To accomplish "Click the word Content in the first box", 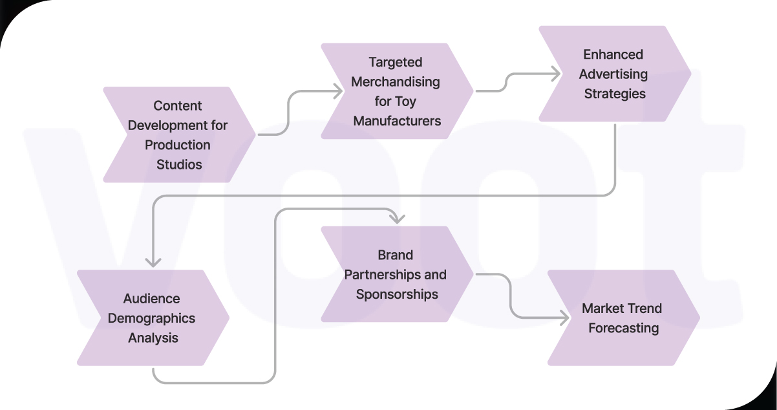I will click(x=178, y=105).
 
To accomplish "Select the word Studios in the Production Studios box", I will click(x=179, y=164).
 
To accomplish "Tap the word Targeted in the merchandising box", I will click(x=396, y=62).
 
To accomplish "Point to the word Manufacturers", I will click(x=397, y=121).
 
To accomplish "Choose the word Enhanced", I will click(x=613, y=54).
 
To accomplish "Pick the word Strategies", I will click(x=615, y=94).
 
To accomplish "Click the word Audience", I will click(x=152, y=299).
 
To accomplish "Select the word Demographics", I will click(x=151, y=318).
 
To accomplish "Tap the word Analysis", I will click(x=153, y=338).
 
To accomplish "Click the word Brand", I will click(x=396, y=255).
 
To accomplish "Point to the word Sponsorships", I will click(x=397, y=294).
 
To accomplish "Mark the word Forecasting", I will click(x=623, y=328).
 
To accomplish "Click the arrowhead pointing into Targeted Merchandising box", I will click(x=337, y=92).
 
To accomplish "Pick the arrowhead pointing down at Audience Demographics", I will click(x=153, y=261).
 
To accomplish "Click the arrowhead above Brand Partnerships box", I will click(x=396, y=218).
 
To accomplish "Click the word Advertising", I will click(x=613, y=74).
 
